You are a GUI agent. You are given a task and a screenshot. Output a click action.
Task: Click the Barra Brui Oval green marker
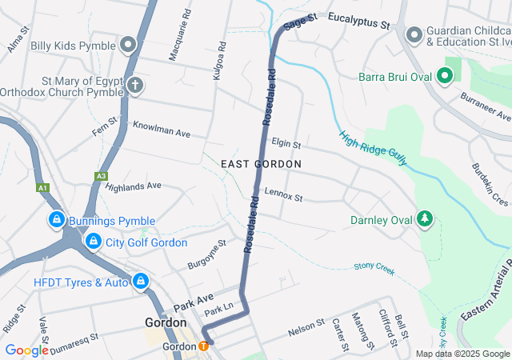point(445,78)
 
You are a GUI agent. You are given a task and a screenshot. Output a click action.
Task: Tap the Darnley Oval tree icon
point(425,219)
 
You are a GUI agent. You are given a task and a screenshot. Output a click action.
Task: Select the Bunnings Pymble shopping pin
point(57,219)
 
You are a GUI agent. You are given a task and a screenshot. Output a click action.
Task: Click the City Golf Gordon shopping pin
point(93,241)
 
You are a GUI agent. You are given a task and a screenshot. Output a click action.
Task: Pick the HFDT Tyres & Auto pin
point(141,281)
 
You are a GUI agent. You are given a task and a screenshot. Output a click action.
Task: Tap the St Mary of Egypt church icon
point(135,85)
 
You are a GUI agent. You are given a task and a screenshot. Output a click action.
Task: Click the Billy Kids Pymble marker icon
point(128,45)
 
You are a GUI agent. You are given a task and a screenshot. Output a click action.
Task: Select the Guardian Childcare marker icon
point(414,35)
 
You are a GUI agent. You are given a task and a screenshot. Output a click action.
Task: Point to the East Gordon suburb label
point(262,164)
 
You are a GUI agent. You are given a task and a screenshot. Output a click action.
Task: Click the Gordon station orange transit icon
point(203,346)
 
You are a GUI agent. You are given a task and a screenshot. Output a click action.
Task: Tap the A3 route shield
point(101,176)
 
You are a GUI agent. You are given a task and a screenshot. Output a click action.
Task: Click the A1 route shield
point(41,188)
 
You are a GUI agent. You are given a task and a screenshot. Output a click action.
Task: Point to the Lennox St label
point(284,195)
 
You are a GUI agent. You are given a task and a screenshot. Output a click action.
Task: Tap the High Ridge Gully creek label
point(373,149)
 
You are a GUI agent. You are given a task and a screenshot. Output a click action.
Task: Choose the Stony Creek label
point(374,269)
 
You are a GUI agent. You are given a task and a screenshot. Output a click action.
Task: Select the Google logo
point(26,350)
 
